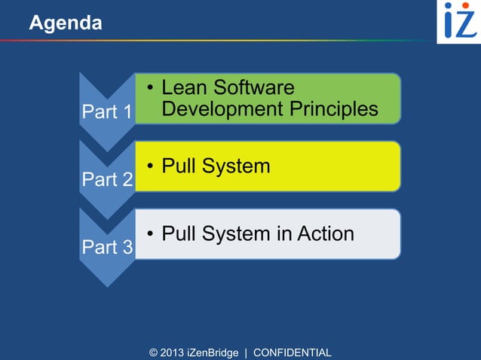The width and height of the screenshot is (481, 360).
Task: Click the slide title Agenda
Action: coord(65,23)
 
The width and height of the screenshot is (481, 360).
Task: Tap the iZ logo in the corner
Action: coord(459,21)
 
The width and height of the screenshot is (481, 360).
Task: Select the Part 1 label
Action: coord(106,112)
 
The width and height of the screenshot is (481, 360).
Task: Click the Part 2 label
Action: coord(106,180)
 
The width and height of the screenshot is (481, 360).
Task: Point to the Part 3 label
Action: coord(106,247)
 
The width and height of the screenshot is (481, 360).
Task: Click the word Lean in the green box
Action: coord(185,87)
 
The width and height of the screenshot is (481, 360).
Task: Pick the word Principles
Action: coord(334,109)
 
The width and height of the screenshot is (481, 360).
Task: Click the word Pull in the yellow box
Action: coord(179,166)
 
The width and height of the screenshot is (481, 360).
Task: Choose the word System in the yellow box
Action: coord(235,166)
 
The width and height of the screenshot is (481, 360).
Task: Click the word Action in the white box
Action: coord(326,233)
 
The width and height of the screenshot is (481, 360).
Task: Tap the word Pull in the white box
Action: coord(179,233)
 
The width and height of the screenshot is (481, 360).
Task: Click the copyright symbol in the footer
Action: coord(154,352)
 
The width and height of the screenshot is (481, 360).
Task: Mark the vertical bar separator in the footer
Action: coord(246,352)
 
